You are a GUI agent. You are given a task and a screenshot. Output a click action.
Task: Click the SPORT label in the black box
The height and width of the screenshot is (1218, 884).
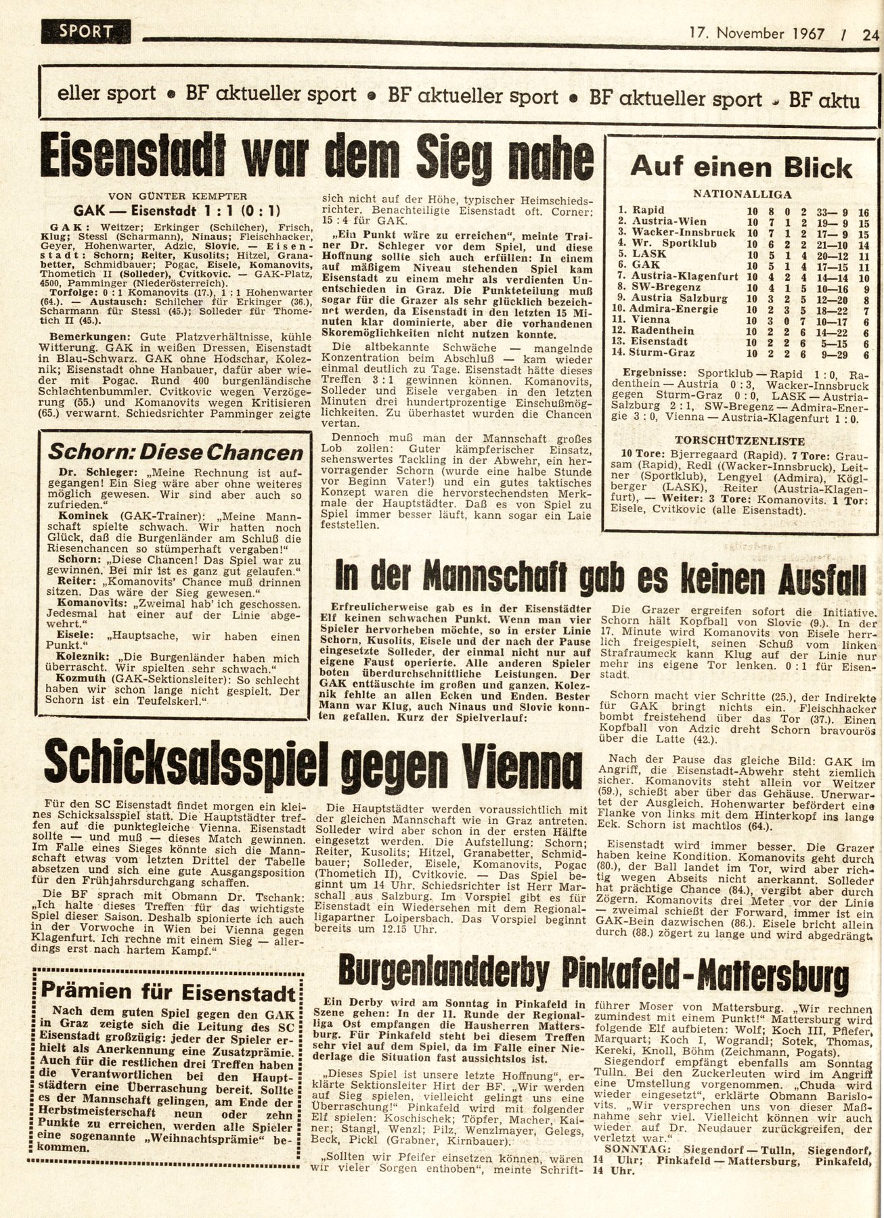pyautogui.click(x=86, y=31)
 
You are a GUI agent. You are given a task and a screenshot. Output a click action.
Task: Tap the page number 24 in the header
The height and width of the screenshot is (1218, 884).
pyautogui.click(x=870, y=33)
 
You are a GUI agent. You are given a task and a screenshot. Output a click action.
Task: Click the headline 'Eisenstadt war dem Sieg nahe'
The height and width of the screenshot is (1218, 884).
pyautogui.click(x=317, y=158)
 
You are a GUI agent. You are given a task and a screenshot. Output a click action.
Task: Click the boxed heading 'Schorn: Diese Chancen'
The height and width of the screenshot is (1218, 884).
pyautogui.click(x=177, y=453)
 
